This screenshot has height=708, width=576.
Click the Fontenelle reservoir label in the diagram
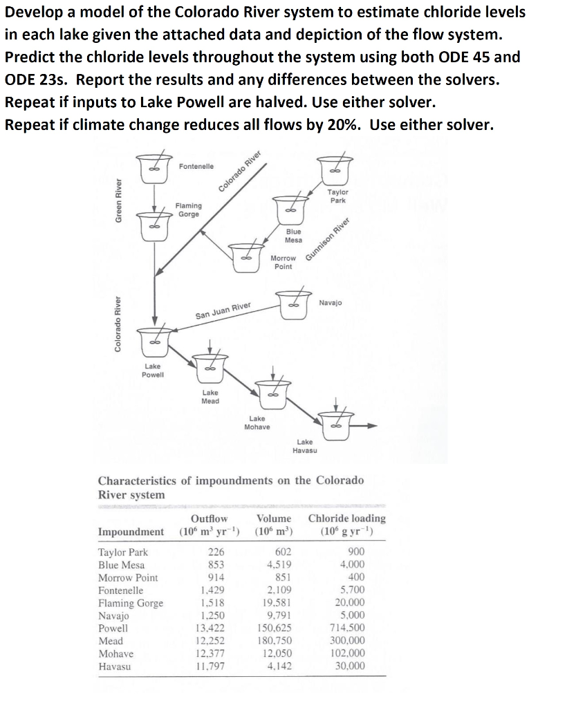[x=196, y=167]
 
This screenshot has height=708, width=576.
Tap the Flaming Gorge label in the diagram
[x=189, y=209]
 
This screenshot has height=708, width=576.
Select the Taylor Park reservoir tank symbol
[x=336, y=169]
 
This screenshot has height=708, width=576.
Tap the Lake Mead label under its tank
[x=210, y=396]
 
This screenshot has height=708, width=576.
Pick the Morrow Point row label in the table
[x=128, y=577]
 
